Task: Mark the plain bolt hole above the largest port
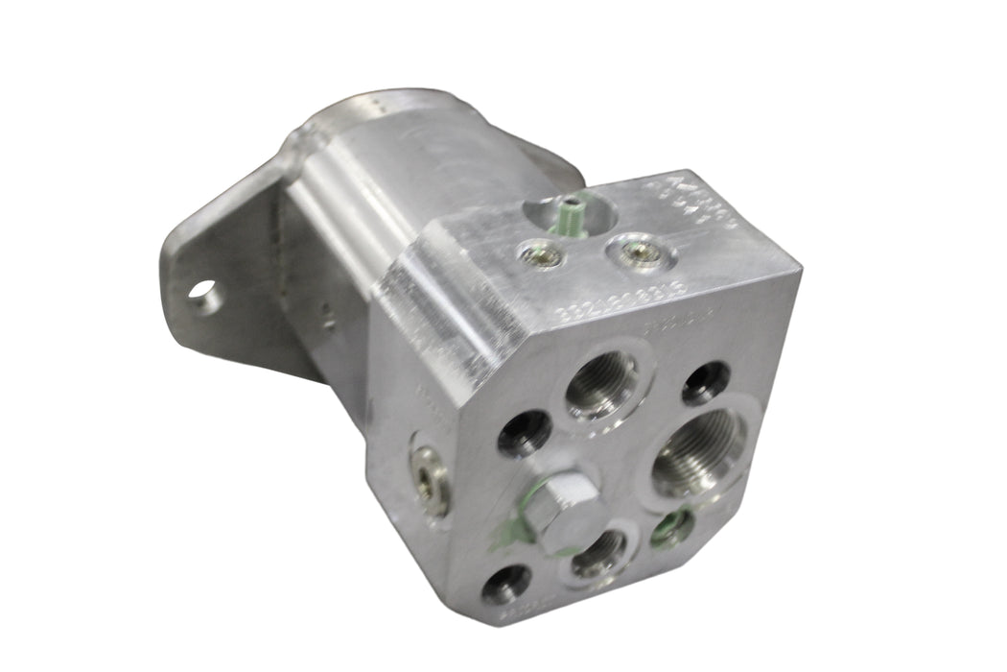tap(706, 381)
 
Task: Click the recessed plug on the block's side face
tap(429, 476)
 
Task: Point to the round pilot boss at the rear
tap(384, 110)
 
